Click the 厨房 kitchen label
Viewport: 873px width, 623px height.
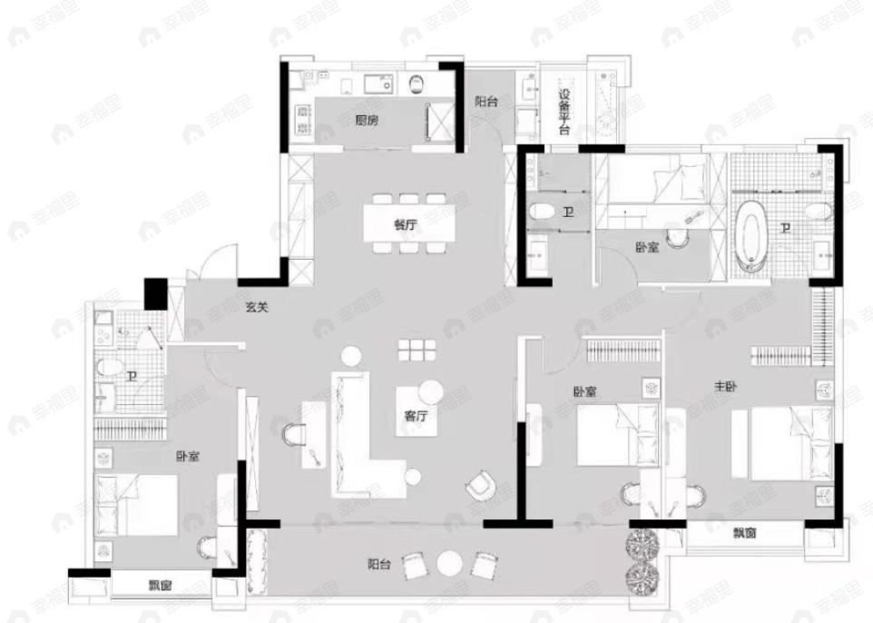tap(366, 121)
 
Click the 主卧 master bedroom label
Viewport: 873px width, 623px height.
tap(726, 385)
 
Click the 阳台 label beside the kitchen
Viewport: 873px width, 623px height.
tap(486, 102)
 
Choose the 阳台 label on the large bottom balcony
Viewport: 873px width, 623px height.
tap(379, 564)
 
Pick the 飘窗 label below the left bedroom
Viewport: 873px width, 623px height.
tap(162, 585)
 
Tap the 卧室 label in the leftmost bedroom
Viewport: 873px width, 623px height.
tap(188, 458)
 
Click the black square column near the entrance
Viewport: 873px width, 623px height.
tap(155, 294)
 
